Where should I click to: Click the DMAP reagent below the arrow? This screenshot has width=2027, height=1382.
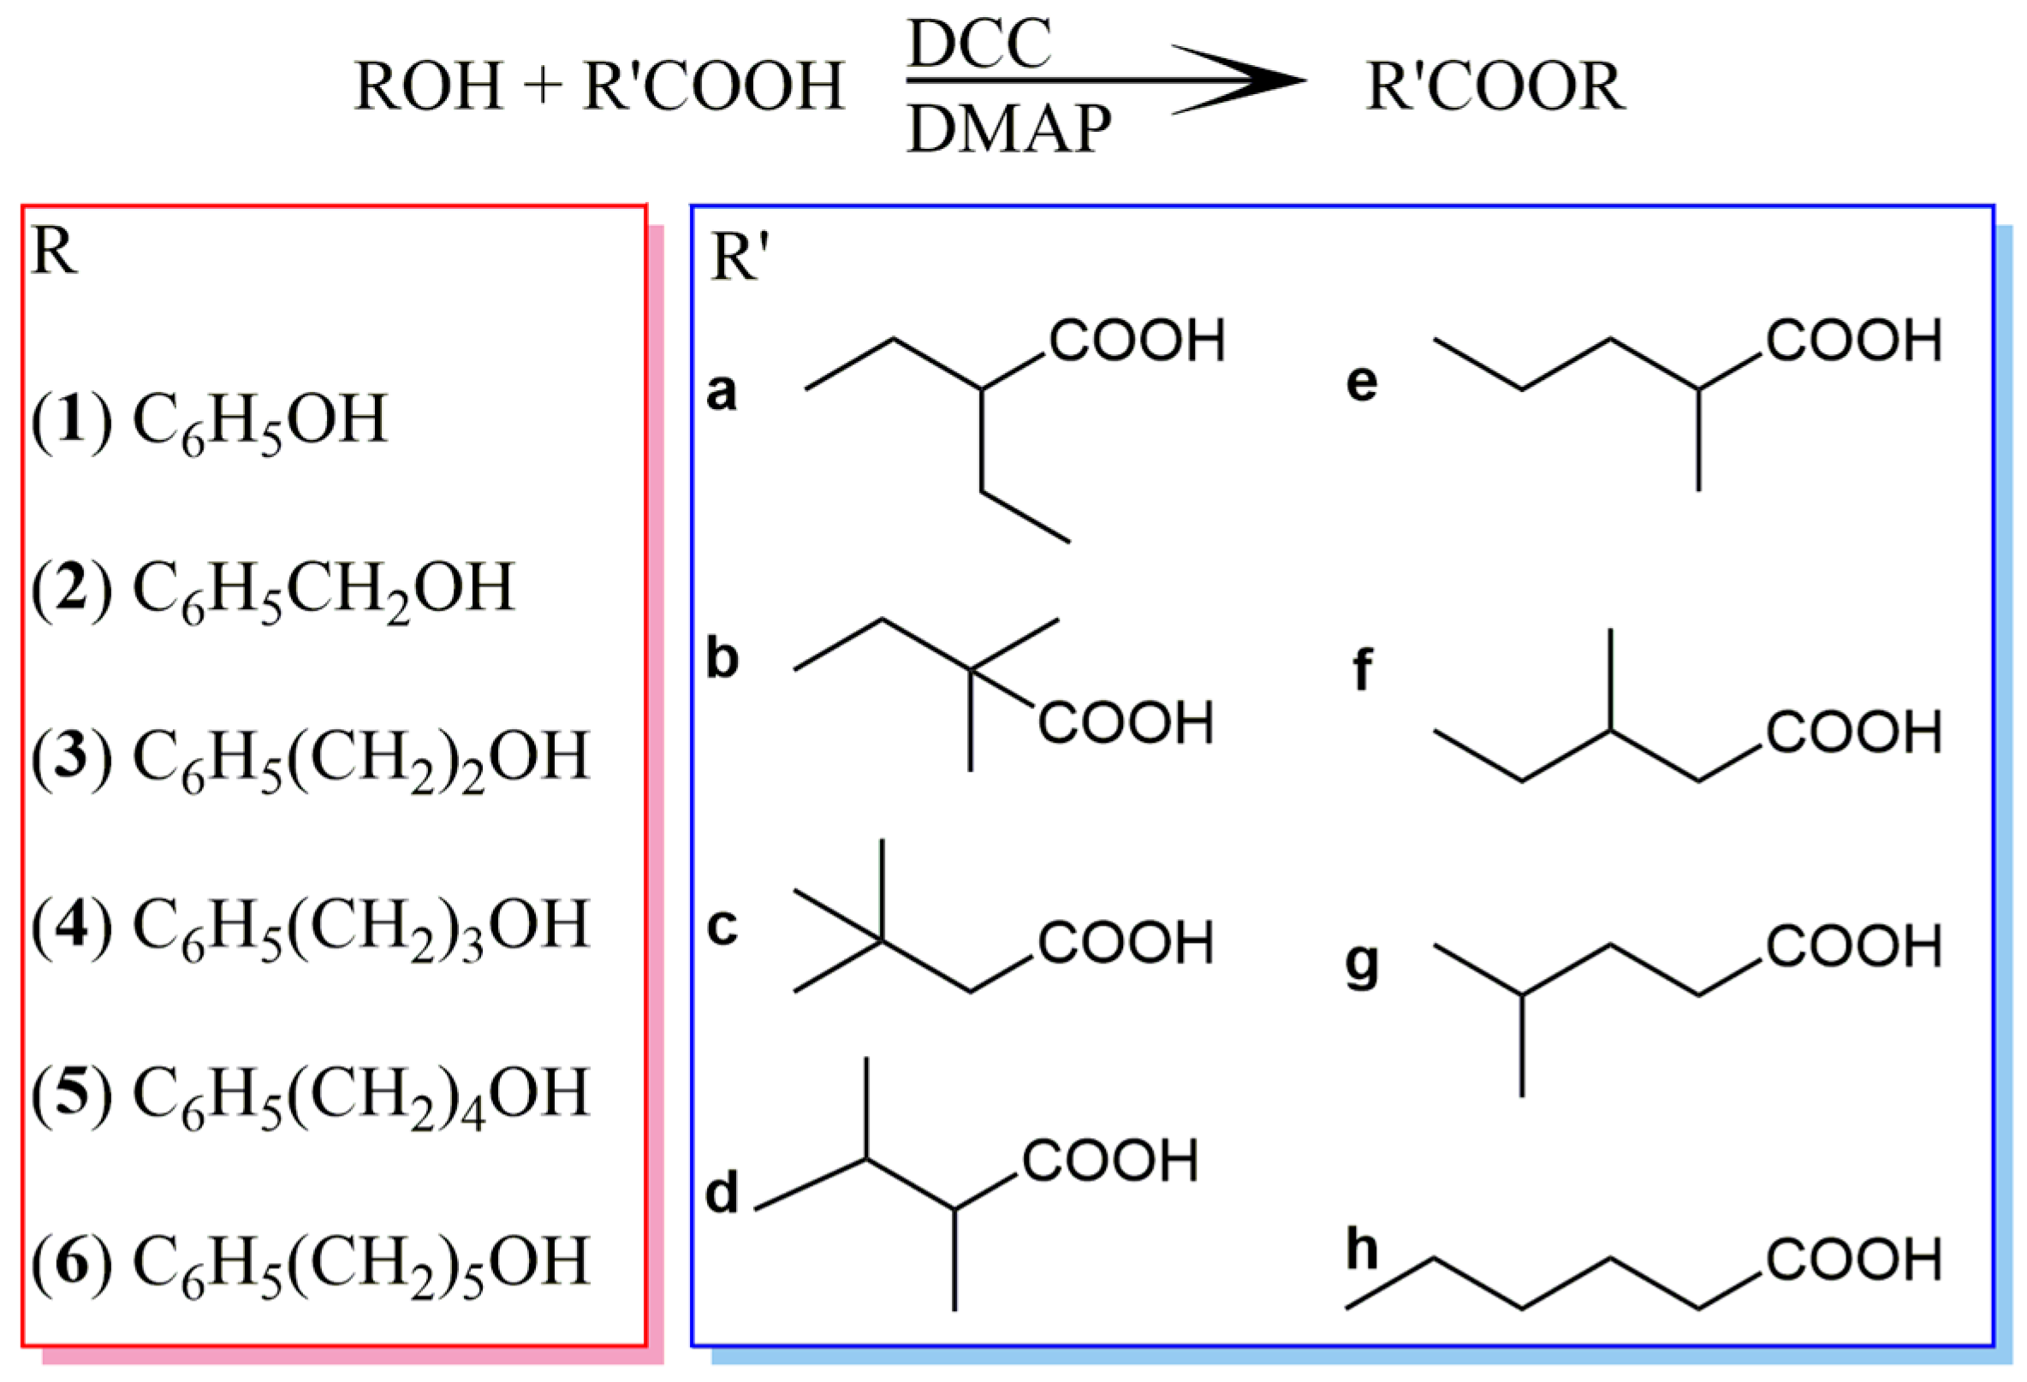(x=1009, y=129)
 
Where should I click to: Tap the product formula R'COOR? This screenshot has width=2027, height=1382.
(x=1495, y=86)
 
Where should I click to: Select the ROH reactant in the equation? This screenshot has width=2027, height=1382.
(x=429, y=86)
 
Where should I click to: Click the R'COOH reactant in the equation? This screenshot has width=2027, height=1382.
(x=713, y=86)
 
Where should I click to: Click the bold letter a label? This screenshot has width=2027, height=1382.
(x=722, y=391)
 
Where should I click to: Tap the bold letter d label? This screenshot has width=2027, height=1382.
(x=722, y=1192)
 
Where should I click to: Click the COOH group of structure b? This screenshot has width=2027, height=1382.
(x=1125, y=723)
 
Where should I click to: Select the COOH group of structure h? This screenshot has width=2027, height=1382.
(x=1854, y=1260)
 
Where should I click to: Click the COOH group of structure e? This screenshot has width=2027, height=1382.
(x=1854, y=340)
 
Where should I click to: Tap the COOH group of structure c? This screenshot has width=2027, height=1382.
(x=1125, y=942)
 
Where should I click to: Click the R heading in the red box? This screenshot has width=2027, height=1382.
(x=54, y=252)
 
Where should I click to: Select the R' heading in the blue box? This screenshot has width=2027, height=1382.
(x=740, y=258)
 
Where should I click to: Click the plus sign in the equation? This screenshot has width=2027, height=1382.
(x=543, y=86)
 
